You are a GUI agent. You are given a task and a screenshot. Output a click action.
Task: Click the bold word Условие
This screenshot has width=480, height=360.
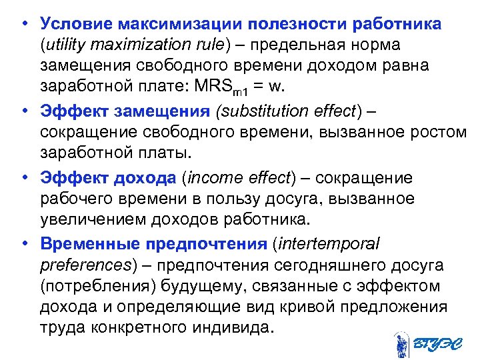click(75, 24)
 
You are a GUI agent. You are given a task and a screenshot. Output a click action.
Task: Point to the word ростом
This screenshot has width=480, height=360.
click(437, 132)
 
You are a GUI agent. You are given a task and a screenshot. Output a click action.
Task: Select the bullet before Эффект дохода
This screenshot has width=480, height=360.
click(23, 178)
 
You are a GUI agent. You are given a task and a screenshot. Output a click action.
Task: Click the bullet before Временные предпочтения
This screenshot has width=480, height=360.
click(23, 243)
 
